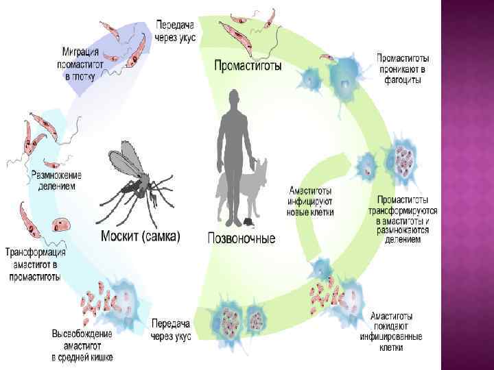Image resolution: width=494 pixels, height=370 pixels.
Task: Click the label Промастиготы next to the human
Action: point(248,66)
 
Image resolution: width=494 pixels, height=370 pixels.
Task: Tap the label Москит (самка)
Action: point(141,237)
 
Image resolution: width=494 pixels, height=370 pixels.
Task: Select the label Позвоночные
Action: point(242,238)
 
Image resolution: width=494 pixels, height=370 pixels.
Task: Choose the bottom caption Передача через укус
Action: point(171,330)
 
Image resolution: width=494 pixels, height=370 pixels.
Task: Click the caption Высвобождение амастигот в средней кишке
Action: point(82,345)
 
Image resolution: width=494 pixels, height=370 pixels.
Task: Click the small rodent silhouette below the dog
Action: point(246,223)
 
